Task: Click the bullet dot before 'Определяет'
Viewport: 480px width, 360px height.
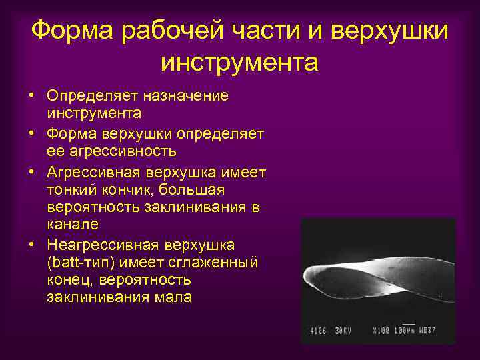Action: tap(32, 96)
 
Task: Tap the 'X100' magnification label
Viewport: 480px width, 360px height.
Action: tap(381, 330)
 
